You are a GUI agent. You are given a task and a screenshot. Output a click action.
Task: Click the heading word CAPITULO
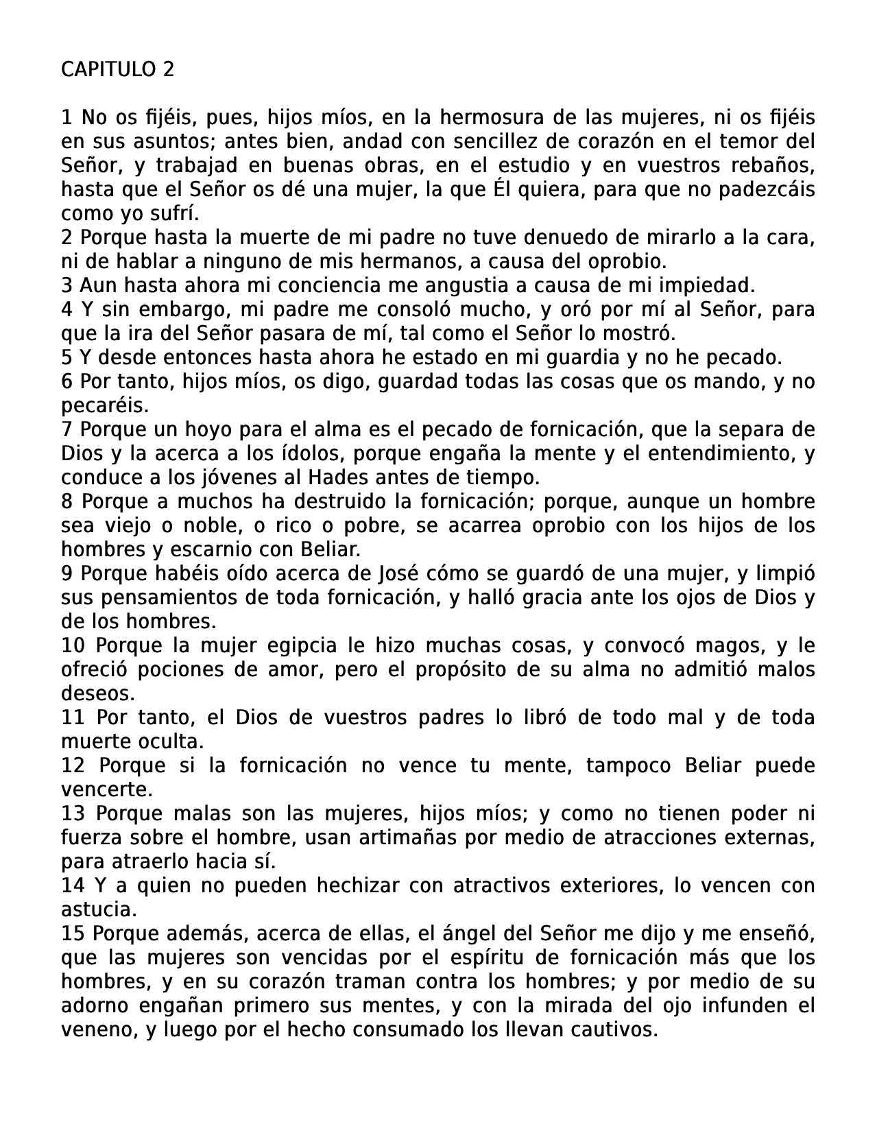click(108, 69)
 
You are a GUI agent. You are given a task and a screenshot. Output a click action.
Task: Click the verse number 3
click(67, 285)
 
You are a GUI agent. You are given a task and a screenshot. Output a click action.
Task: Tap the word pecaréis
click(104, 405)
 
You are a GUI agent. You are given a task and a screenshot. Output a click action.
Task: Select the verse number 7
click(67, 429)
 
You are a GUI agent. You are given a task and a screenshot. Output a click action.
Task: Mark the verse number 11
click(73, 717)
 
